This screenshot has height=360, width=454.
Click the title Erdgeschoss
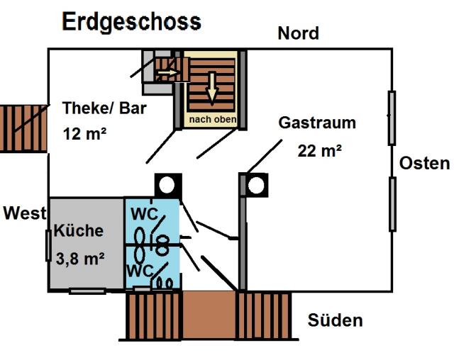point(131,21)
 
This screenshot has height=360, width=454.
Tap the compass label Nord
point(298,33)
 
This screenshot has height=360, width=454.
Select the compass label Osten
point(424,163)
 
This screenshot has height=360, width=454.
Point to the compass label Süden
point(335,320)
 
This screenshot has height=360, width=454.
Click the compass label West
point(24,213)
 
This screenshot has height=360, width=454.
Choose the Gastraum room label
point(316,123)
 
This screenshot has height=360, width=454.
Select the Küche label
point(79,230)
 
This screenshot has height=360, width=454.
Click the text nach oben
point(212,119)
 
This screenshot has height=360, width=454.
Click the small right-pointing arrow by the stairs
point(168,72)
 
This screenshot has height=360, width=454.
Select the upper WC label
point(144,213)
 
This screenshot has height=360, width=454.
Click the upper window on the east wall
point(392,118)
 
